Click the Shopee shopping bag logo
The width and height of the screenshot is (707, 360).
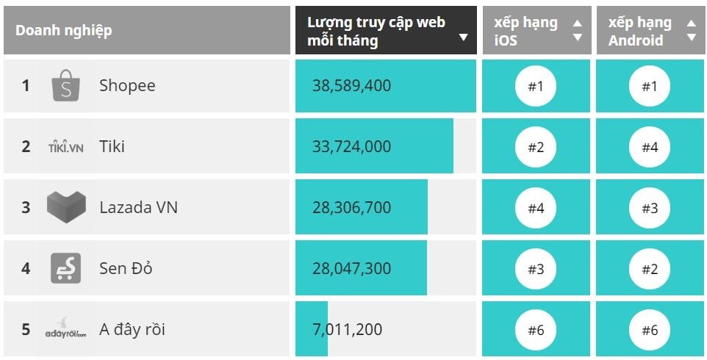click(65, 85)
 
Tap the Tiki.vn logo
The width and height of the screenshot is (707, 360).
click(65, 147)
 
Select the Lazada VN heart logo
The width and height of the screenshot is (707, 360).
click(66, 207)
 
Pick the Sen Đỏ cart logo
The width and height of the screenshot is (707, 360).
click(65, 268)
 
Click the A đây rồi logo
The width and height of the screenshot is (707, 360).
click(65, 328)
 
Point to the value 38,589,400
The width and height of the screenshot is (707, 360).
click(351, 86)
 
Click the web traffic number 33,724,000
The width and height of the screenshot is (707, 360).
click(351, 147)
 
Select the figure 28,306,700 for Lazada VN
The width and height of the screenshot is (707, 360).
click(351, 208)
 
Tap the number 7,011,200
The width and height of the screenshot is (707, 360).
click(347, 329)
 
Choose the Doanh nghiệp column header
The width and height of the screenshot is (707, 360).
click(64, 31)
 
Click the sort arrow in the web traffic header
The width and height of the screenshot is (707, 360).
click(463, 37)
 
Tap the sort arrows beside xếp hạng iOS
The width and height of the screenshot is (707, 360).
click(577, 31)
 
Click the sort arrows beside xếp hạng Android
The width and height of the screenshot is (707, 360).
click(691, 31)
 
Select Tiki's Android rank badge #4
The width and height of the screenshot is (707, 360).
click(650, 147)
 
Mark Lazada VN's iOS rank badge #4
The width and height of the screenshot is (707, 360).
click(536, 208)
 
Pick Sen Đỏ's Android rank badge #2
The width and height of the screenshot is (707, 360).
click(650, 269)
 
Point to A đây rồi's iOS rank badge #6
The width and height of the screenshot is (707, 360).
click(536, 330)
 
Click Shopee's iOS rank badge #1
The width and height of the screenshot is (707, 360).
click(536, 86)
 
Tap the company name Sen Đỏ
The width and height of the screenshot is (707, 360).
click(126, 268)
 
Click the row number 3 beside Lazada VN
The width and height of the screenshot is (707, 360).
click(26, 208)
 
